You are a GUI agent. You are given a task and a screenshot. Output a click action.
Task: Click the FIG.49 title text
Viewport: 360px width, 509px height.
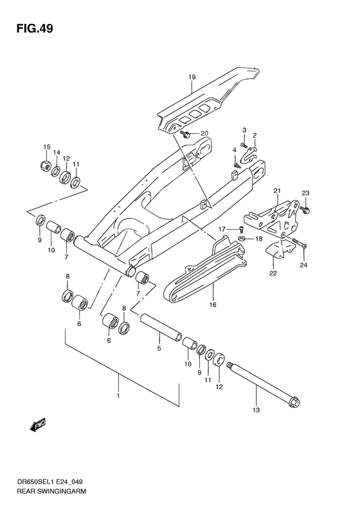30,28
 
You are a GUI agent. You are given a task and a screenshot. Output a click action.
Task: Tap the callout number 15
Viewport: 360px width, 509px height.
46,147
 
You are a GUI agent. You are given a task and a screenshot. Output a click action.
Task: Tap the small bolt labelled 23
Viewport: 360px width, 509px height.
306,209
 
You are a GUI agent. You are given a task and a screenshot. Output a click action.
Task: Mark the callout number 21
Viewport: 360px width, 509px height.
277,190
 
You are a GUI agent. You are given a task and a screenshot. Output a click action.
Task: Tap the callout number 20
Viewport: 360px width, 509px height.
205,133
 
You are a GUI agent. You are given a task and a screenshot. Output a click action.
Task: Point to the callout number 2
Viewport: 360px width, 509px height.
255,136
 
